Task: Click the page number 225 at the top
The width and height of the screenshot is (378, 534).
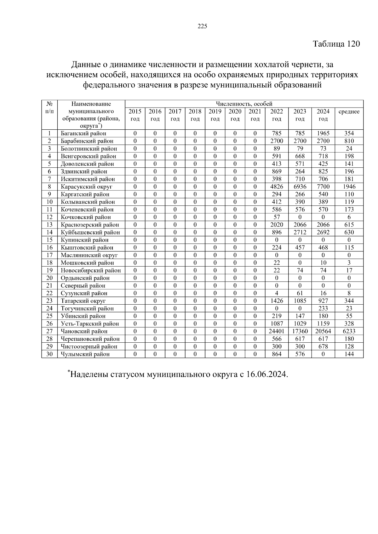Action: (x=202, y=26)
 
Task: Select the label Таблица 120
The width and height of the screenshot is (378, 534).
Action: (x=336, y=44)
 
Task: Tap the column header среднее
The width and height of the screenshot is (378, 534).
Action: (x=349, y=112)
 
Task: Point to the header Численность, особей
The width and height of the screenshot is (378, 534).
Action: (x=244, y=104)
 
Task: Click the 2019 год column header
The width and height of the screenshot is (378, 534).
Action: (x=215, y=115)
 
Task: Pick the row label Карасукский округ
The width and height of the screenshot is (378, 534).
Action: (x=87, y=187)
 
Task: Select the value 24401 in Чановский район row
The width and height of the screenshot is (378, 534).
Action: (x=277, y=331)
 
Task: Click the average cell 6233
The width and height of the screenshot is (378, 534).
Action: (x=349, y=331)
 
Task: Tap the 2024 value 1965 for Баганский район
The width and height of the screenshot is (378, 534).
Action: (x=323, y=133)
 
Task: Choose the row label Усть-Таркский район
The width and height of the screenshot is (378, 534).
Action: (x=90, y=324)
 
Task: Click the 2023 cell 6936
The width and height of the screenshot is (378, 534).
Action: (x=300, y=187)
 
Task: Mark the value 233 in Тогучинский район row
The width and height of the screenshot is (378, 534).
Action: (x=323, y=309)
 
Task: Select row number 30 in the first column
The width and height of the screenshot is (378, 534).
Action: (x=49, y=354)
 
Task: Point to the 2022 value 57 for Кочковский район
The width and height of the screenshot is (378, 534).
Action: (x=277, y=217)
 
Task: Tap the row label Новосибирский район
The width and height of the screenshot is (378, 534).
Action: (x=91, y=270)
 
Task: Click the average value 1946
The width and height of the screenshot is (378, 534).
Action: (x=349, y=187)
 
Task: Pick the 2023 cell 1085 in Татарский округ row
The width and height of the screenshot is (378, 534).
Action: (x=300, y=301)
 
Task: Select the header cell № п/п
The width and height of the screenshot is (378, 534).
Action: (x=49, y=108)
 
